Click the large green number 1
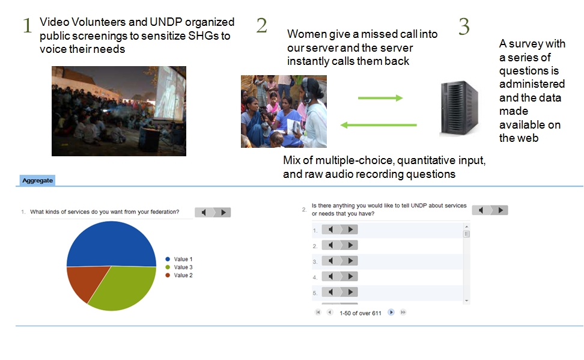tap(27, 26)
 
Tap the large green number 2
tap(262, 25)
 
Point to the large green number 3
tap(464, 26)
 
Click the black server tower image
tap(459, 108)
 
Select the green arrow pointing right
tap(380, 98)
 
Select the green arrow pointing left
tap(379, 125)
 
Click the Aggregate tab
tap(37, 180)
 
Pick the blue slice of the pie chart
tap(111, 244)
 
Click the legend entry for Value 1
tap(179, 259)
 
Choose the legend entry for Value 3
tap(179, 267)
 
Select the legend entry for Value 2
tap(179, 275)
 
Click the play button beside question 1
tap(224, 212)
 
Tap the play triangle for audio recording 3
tap(350, 261)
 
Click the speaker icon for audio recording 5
tap(330, 292)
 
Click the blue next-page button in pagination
tap(391, 313)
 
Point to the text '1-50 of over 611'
tap(360, 313)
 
